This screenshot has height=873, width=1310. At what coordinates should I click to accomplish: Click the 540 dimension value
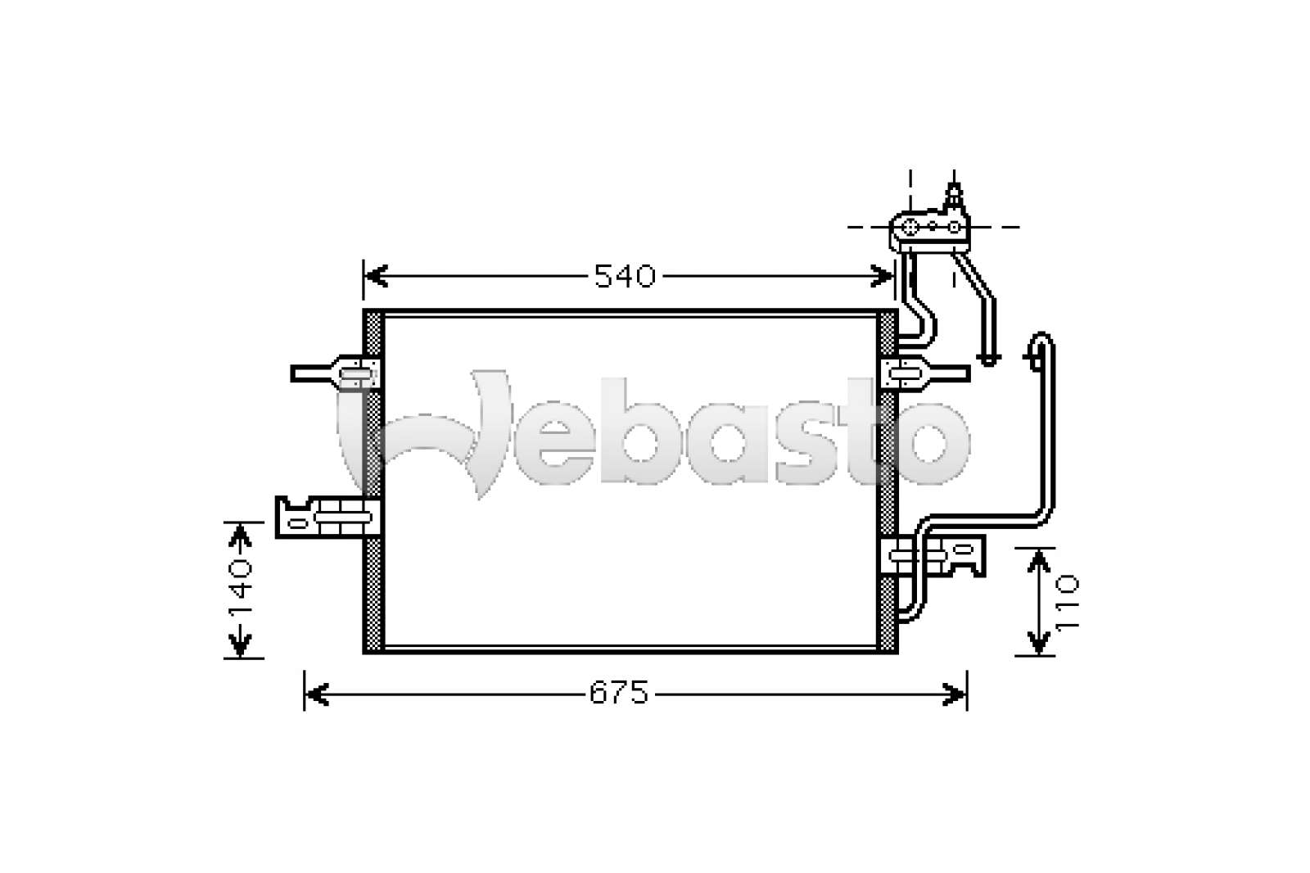(x=625, y=276)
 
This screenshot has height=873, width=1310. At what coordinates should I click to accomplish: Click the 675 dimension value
(x=619, y=693)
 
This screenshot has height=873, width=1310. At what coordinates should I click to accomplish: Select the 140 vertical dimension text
(x=241, y=589)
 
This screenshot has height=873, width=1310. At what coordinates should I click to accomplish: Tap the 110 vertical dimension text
(x=1068, y=603)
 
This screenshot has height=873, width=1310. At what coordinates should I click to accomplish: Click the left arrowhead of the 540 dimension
(x=376, y=276)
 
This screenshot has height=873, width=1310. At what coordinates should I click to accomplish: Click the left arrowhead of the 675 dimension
(x=317, y=694)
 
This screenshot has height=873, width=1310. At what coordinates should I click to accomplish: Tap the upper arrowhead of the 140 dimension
(x=240, y=536)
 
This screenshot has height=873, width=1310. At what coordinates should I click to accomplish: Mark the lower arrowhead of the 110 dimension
(x=1039, y=642)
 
